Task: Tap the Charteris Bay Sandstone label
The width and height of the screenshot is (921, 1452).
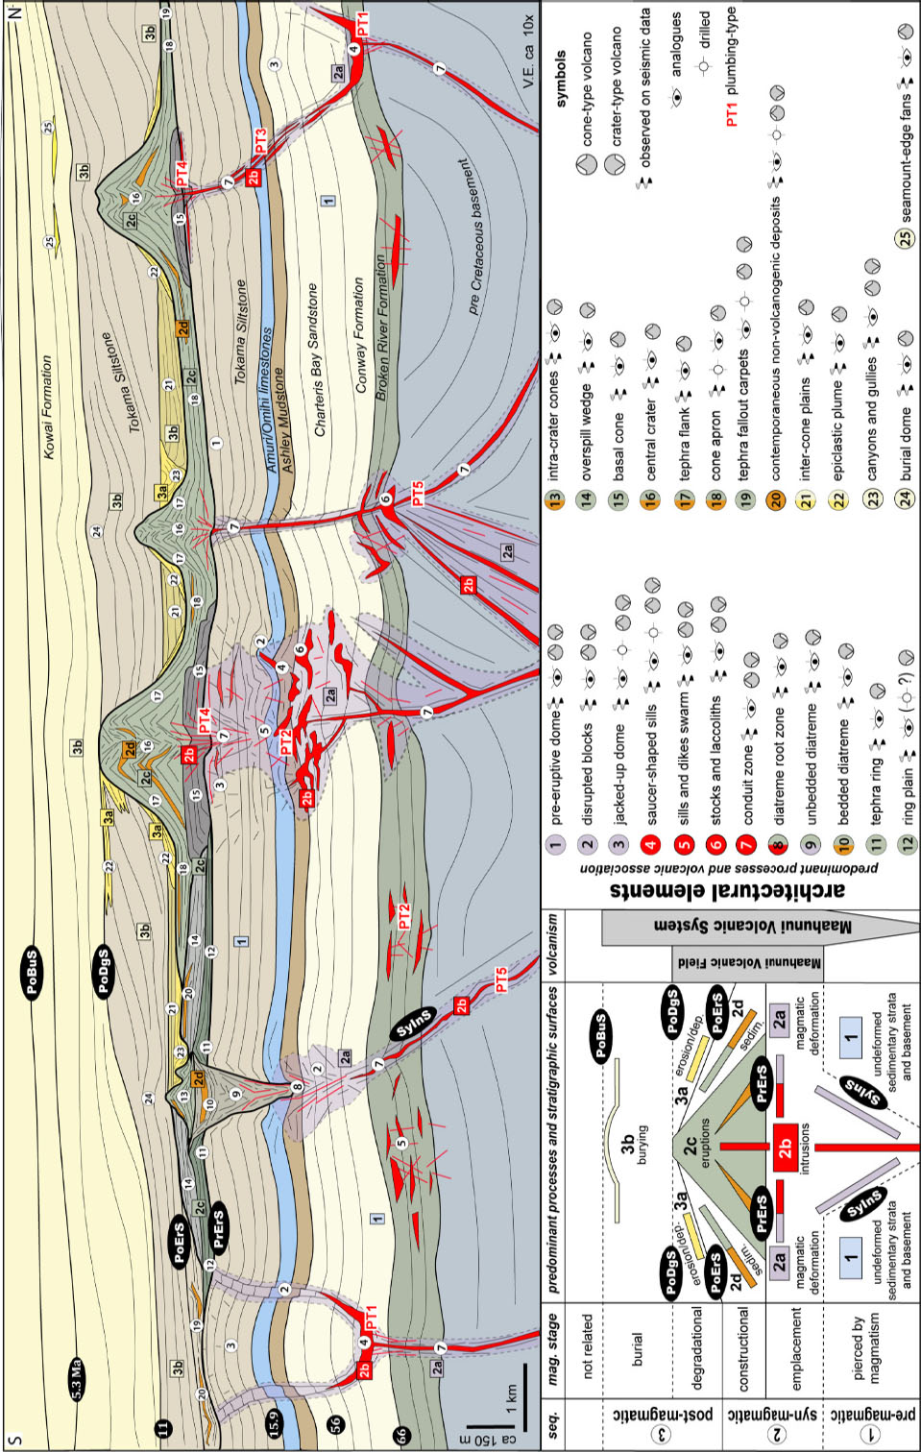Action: pos(319,360)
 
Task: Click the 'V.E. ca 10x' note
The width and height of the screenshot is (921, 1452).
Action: pos(527,52)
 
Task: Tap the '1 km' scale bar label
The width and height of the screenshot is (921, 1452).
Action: pos(510,1398)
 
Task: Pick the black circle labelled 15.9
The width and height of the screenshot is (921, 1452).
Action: pos(273,1420)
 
